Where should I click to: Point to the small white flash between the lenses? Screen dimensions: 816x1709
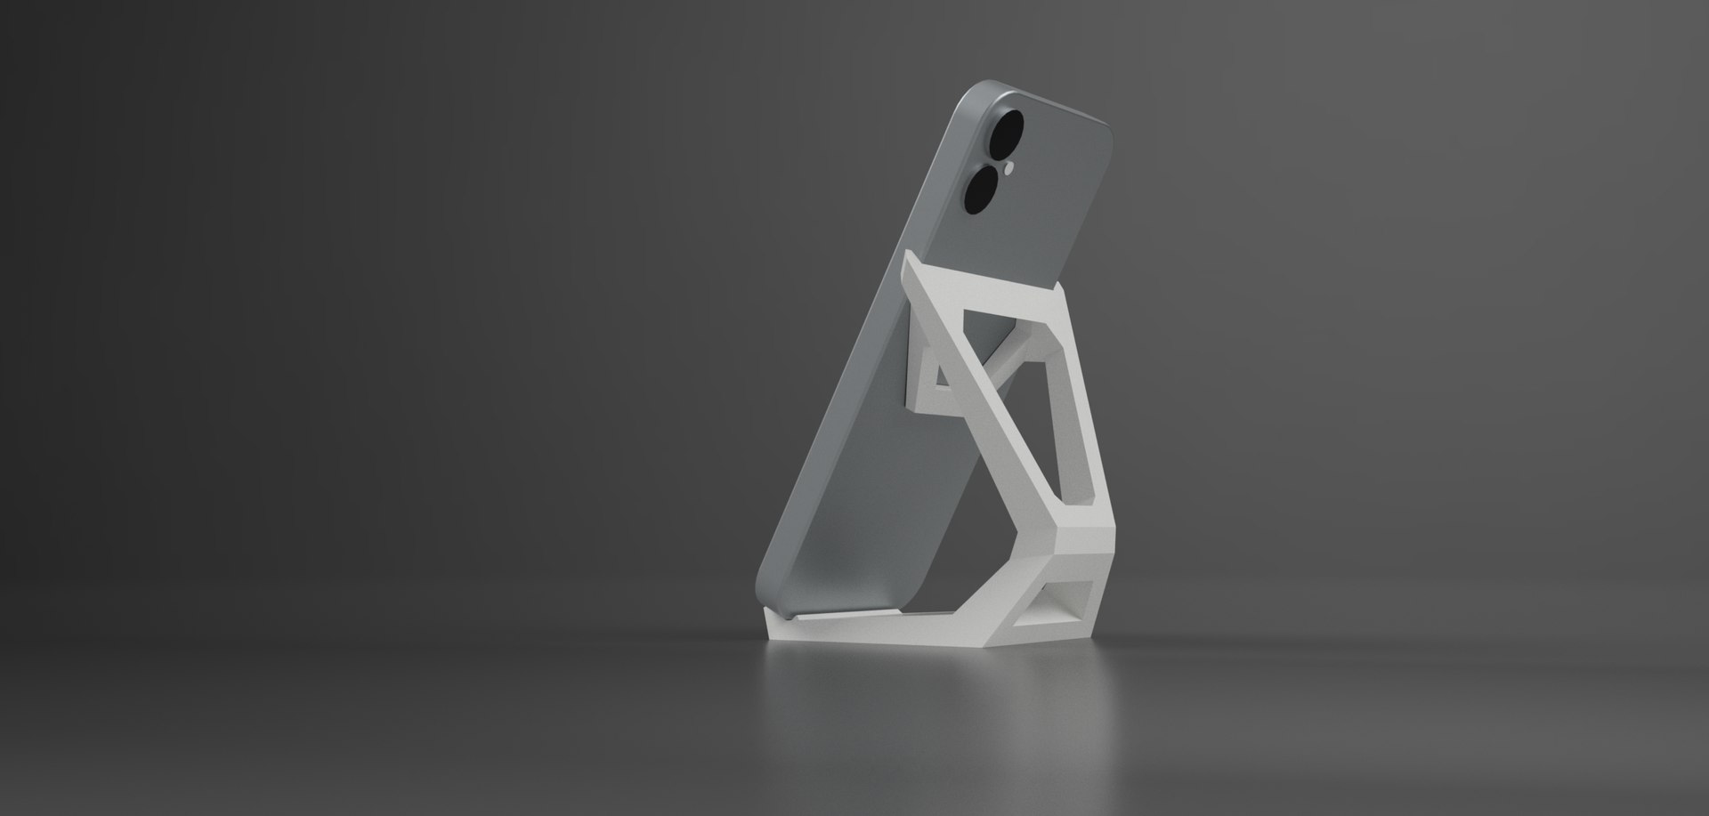(1010, 166)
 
